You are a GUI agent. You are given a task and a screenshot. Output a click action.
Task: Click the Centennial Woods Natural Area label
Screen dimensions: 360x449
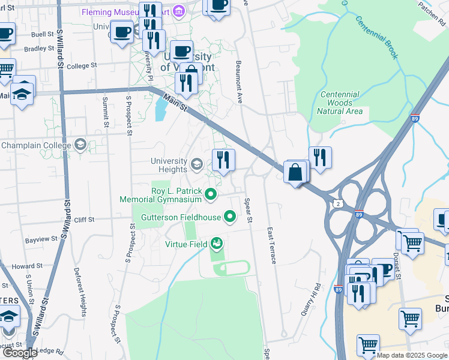click(340, 103)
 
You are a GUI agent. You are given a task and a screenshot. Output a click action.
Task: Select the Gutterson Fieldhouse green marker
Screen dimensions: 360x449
click(230, 216)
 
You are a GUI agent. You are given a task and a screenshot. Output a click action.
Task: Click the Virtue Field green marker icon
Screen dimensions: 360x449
click(217, 244)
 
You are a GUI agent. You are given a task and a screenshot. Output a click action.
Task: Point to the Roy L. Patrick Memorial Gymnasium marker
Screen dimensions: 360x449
click(211, 194)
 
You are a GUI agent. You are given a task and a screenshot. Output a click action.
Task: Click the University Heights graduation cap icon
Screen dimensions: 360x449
click(197, 164)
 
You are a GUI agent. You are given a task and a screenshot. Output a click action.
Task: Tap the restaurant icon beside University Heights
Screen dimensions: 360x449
click(223, 160)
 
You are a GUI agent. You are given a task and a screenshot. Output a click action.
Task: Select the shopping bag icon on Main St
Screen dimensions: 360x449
click(296, 173)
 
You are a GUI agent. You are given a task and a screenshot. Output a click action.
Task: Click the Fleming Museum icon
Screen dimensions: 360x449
click(178, 11)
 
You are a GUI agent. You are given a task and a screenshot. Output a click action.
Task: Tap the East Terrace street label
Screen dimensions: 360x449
click(271, 246)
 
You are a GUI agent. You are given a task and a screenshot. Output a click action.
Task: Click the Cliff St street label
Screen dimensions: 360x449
click(83, 220)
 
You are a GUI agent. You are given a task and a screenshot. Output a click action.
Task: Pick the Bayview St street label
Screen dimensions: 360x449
click(41, 240)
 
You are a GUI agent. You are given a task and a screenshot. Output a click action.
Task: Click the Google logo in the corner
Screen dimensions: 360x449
click(19, 352)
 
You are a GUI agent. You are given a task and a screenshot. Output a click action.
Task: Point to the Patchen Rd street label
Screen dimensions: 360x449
click(429, 9)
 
